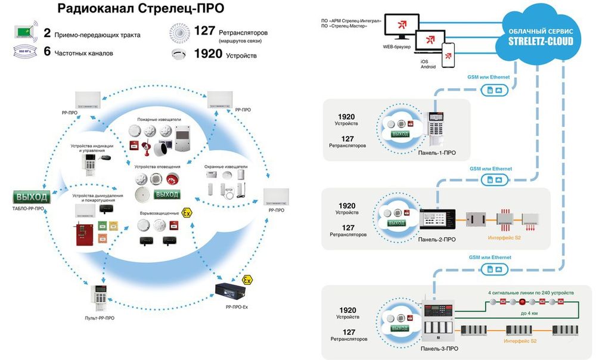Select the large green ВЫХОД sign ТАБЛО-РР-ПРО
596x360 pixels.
[32, 197]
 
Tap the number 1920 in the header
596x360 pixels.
[208, 54]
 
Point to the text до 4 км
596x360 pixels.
[529, 312]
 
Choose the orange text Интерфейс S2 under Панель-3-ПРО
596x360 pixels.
[520, 341]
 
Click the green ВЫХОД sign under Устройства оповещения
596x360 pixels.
[166, 194]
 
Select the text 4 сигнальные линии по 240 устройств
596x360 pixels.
[531, 293]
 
